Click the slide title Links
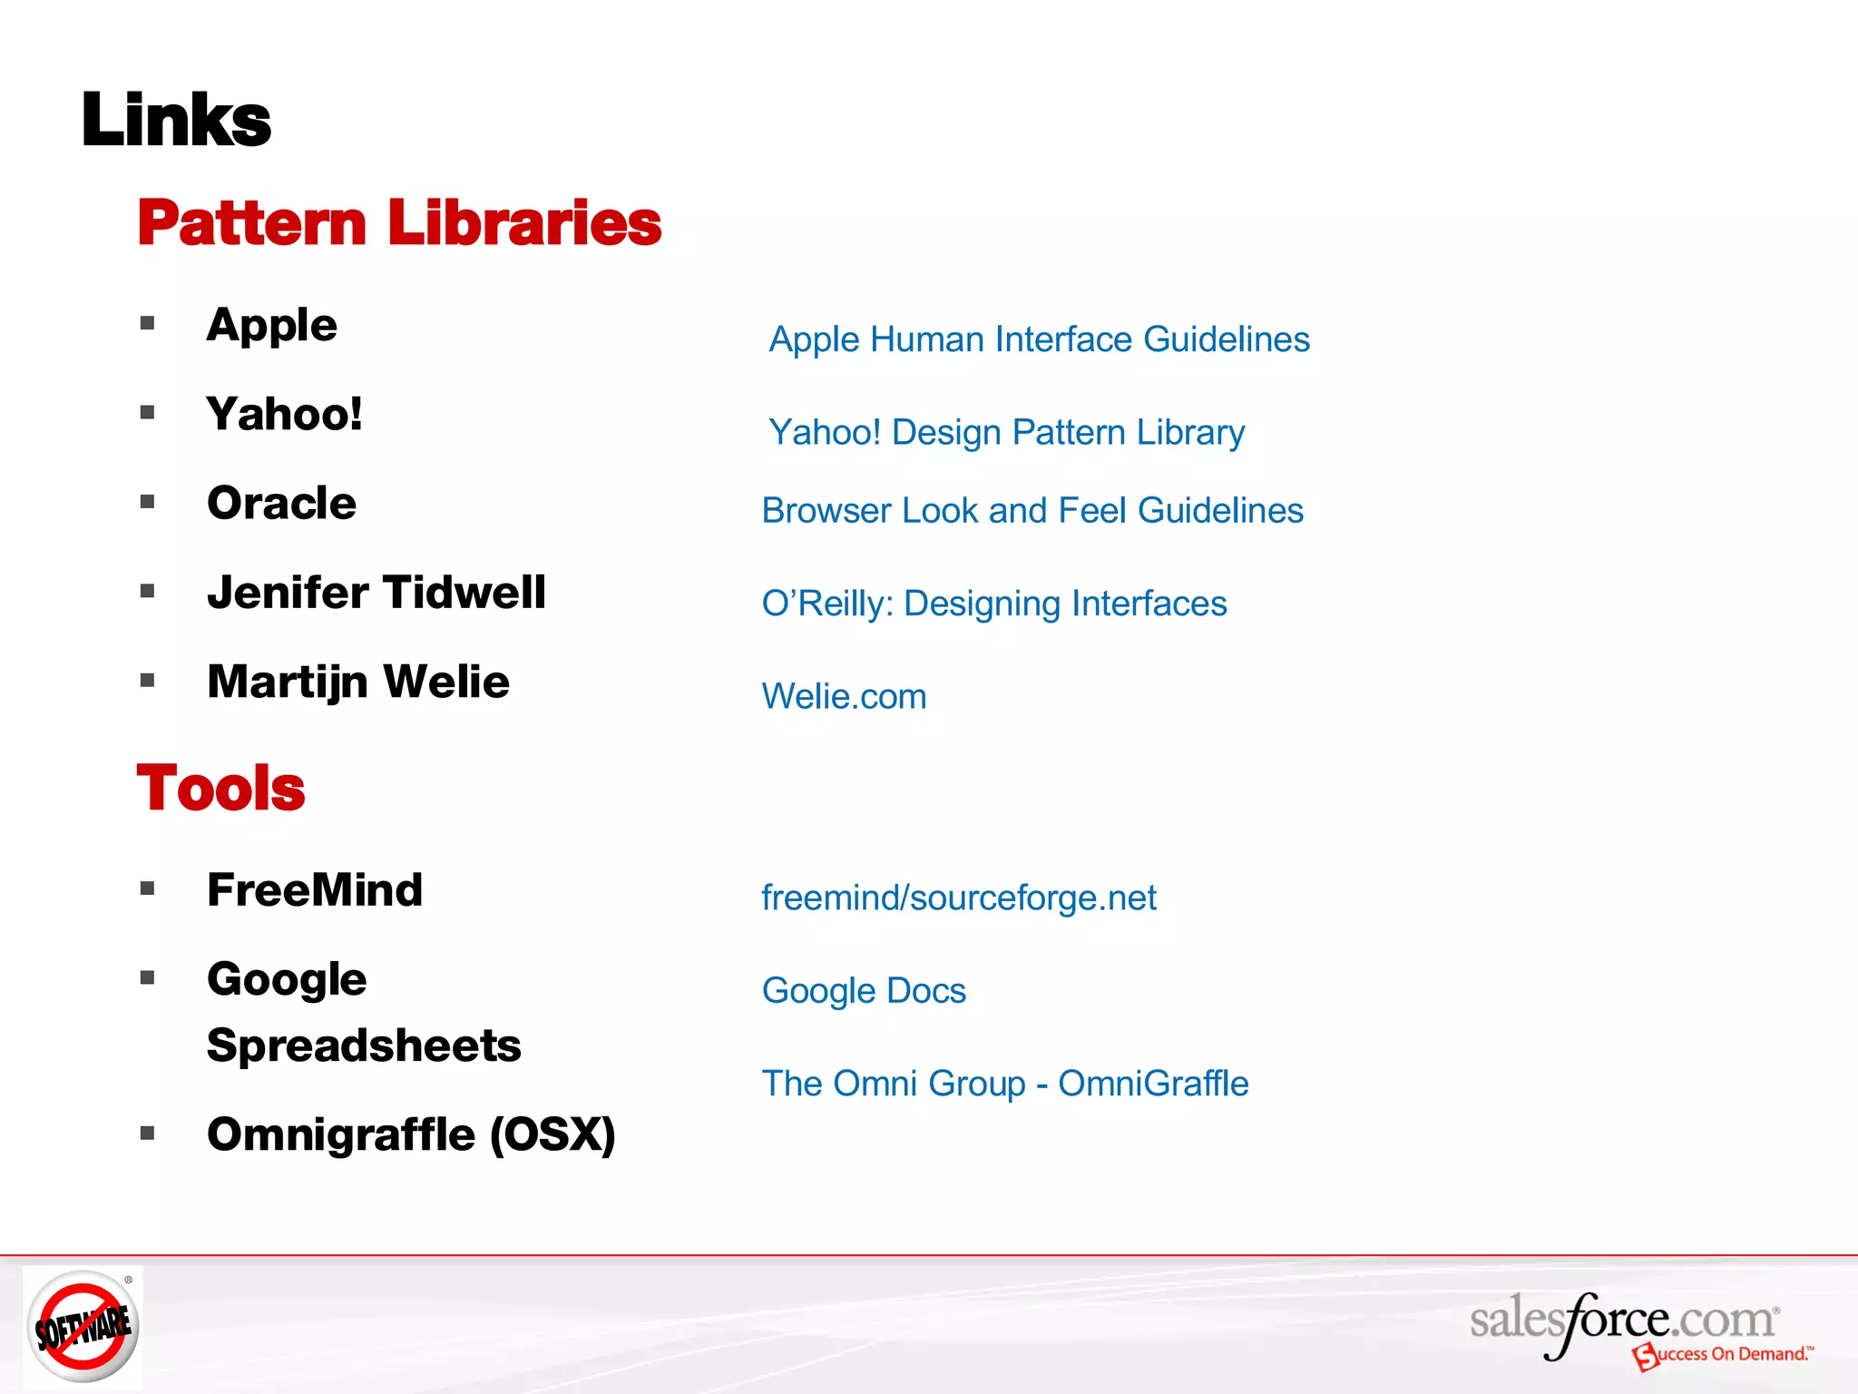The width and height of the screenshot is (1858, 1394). (176, 120)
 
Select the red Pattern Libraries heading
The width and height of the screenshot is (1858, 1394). (399, 223)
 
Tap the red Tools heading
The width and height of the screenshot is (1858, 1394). (220, 788)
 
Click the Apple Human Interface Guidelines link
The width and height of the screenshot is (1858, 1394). (1039, 339)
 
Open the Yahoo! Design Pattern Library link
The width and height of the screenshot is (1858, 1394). (1006, 432)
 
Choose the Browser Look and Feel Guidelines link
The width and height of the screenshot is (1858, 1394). (1032, 511)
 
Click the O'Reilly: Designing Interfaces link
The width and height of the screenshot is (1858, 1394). (993, 604)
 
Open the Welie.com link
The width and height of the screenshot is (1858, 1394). (844, 697)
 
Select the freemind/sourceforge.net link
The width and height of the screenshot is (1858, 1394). (958, 898)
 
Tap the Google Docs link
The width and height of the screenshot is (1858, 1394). (864, 991)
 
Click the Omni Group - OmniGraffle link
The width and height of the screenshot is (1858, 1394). (1004, 1084)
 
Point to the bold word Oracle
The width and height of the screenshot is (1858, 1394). (281, 503)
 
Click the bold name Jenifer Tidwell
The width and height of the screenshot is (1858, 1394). (376, 593)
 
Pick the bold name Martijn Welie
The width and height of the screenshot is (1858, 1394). (357, 682)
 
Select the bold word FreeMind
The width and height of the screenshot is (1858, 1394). (314, 889)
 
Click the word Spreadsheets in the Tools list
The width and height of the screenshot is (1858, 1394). (364, 1045)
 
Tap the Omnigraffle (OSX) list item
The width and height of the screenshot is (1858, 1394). (411, 1134)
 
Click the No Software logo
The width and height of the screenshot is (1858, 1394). (83, 1327)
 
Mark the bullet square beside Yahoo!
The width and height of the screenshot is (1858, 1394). (148, 413)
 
